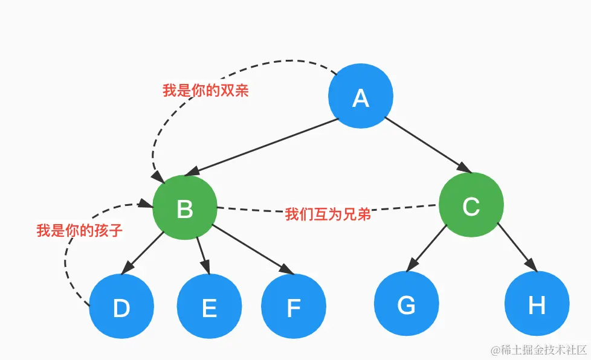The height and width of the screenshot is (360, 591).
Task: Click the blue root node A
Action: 361,97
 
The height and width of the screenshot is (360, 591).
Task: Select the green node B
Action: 185,208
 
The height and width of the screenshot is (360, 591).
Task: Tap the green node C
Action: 471,206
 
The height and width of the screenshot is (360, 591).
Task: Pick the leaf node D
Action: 121,307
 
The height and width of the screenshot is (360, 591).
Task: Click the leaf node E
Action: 209,307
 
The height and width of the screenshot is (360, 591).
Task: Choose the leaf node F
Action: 294,307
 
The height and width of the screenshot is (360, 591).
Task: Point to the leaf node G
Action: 406,305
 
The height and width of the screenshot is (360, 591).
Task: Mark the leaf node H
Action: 537,305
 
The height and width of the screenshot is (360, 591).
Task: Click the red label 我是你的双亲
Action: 206,91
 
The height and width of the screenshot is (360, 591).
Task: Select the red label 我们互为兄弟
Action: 328,214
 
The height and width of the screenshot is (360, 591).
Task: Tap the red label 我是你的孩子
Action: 80,230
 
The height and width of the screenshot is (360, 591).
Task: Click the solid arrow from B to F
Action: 251,248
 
